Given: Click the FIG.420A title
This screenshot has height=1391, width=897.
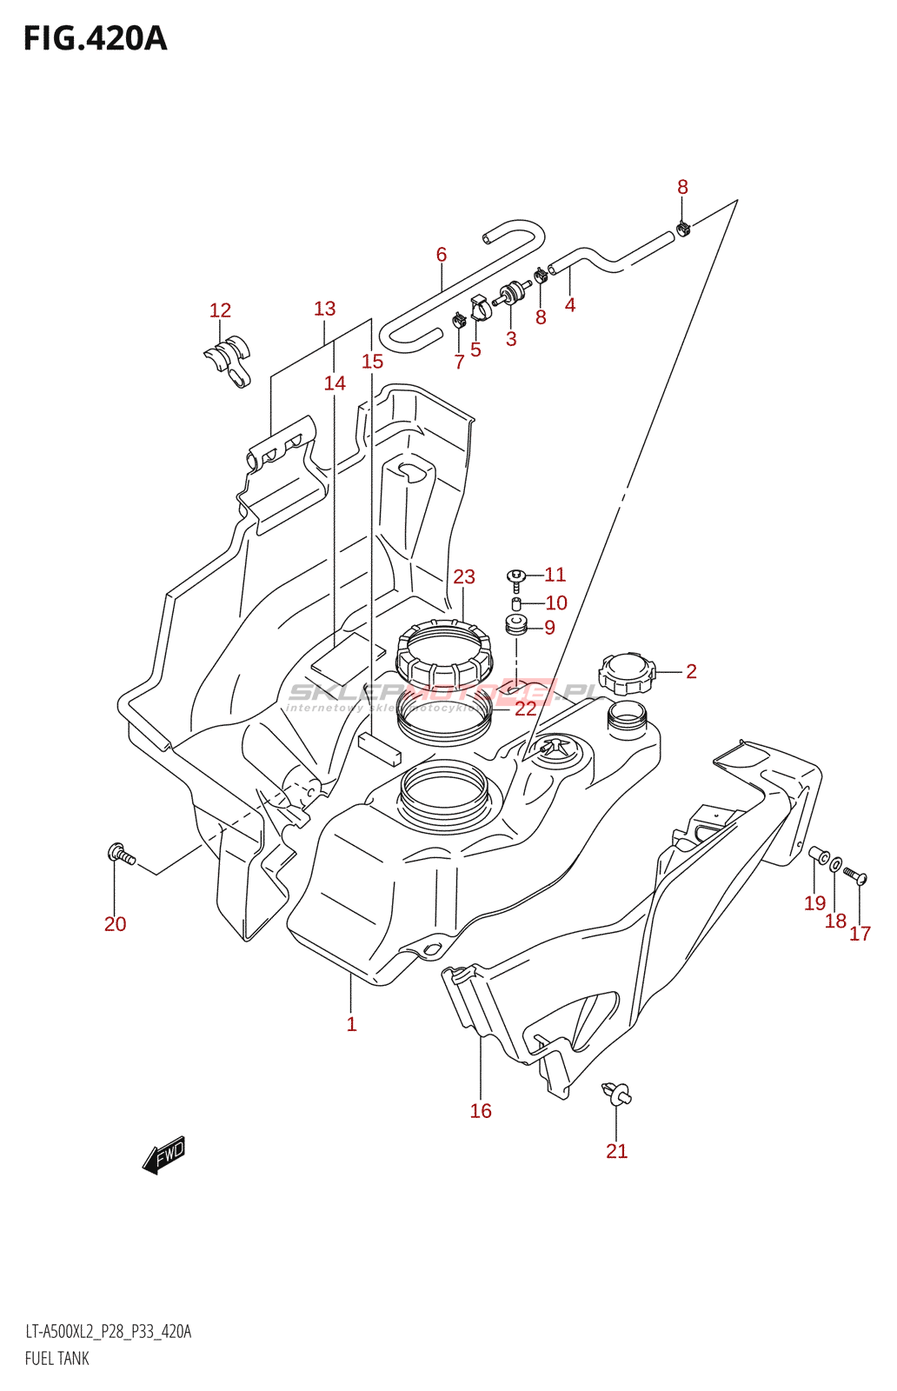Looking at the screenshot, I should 95,39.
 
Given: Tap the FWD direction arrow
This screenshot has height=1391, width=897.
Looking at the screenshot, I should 164,1155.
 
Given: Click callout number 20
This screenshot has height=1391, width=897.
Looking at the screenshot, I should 115,924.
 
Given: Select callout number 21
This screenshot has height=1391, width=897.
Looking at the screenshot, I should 616,1151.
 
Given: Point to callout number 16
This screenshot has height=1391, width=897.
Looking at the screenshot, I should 481,1111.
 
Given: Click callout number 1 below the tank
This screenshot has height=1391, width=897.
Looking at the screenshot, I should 351,1024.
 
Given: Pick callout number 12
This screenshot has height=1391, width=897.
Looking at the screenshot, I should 221,310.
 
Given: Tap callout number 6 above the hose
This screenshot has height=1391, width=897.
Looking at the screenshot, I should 442,255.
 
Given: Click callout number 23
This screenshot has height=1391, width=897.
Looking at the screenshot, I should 464,577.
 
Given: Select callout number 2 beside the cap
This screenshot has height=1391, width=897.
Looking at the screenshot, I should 691,671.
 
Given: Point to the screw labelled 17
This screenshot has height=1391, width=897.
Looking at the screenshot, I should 856,875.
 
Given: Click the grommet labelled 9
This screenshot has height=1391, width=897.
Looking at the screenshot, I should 516,625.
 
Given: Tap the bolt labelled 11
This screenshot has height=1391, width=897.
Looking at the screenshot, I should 515,576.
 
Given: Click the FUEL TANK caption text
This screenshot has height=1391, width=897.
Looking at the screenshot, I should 57,1359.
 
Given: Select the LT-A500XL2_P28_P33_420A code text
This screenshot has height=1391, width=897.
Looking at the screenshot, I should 108,1332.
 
